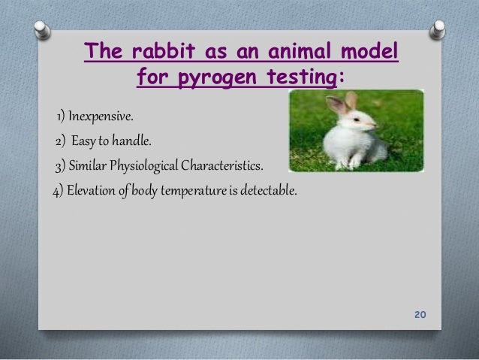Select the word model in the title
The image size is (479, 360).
pyautogui.click(x=368, y=54)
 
